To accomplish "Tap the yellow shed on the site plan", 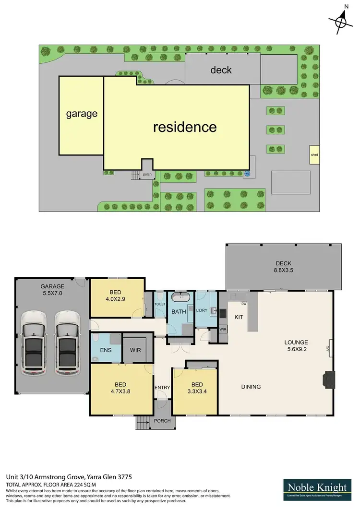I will (x=314, y=155).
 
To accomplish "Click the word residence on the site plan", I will (x=185, y=127).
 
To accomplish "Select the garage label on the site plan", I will (x=82, y=114).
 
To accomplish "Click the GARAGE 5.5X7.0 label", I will (x=52, y=290).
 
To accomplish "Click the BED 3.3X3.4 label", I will (x=197, y=388).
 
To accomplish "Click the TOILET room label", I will (x=160, y=304).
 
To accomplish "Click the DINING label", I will (x=251, y=387).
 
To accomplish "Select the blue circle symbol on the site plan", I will (x=248, y=174).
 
